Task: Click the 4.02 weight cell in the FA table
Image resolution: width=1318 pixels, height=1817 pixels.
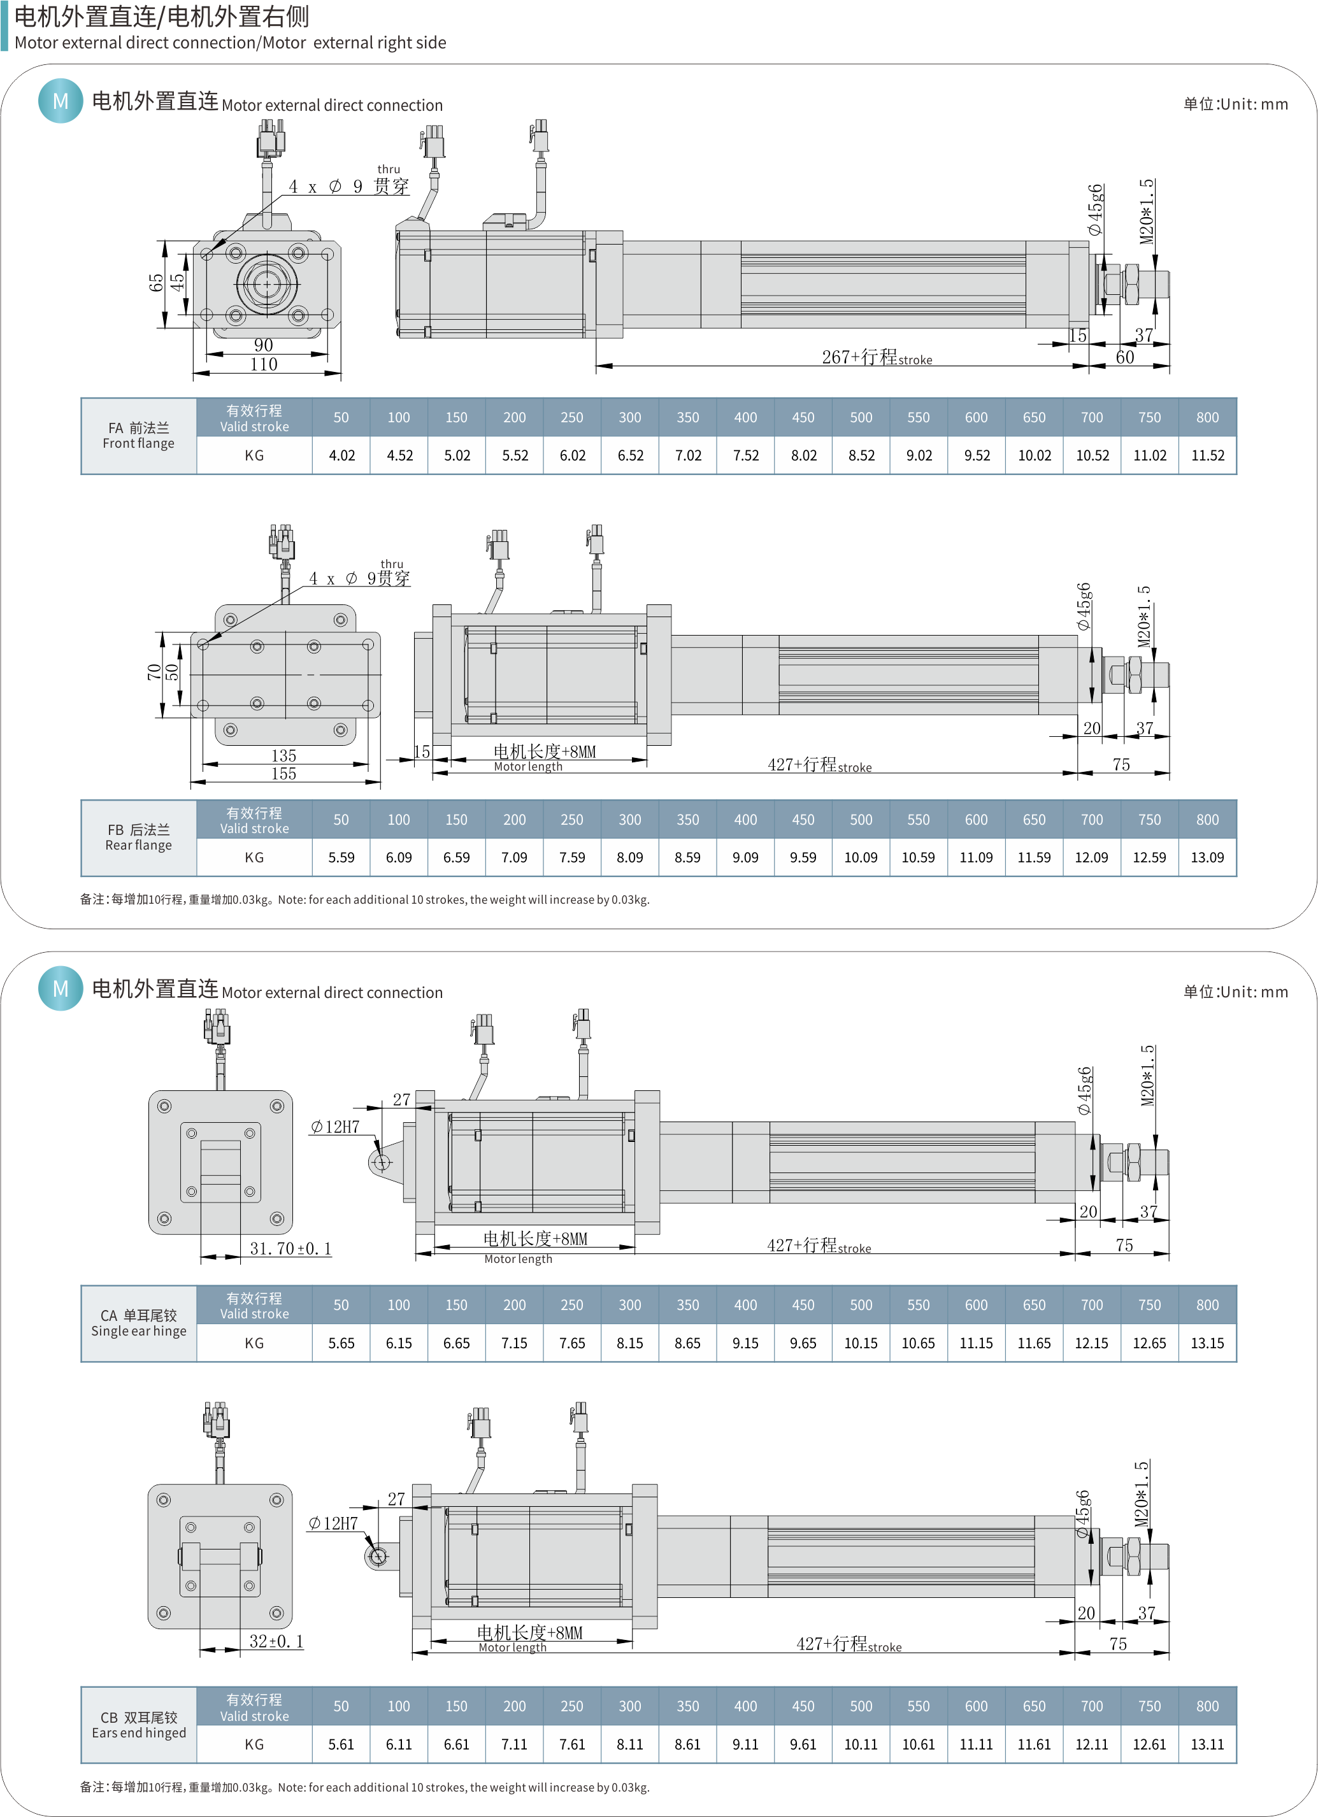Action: pyautogui.click(x=341, y=455)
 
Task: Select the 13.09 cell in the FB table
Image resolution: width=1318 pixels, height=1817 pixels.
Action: pyautogui.click(x=1207, y=857)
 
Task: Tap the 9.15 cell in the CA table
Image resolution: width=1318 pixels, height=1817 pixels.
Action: pyautogui.click(x=745, y=1343)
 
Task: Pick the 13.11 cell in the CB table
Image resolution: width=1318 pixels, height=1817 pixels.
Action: pyautogui.click(x=1207, y=1744)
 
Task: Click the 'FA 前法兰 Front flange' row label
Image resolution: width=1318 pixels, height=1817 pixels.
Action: pyautogui.click(x=139, y=436)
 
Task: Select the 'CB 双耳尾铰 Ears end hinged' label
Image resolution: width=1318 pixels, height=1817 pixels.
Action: pyautogui.click(x=139, y=1725)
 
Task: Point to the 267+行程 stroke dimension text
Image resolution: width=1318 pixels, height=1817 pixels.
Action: pyautogui.click(x=876, y=357)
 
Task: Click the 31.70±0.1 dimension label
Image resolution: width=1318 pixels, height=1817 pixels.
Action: pyautogui.click(x=290, y=1248)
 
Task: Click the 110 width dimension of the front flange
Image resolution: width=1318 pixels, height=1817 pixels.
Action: pyautogui.click(x=264, y=364)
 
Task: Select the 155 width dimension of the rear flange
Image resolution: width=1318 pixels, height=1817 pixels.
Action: pyautogui.click(x=283, y=774)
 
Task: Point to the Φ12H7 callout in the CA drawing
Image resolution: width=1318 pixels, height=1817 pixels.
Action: pyautogui.click(x=335, y=1127)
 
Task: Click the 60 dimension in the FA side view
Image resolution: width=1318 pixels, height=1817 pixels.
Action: pyautogui.click(x=1125, y=357)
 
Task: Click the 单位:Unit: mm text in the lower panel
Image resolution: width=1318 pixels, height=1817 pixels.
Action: pyautogui.click(x=1235, y=992)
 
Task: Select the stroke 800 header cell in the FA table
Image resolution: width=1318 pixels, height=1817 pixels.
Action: pyautogui.click(x=1207, y=417)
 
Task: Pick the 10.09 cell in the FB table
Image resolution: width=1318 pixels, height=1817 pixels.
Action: pyautogui.click(x=861, y=857)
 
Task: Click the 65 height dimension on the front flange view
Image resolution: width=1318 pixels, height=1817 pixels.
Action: pyautogui.click(x=155, y=283)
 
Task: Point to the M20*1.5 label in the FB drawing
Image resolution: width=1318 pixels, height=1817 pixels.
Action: pyautogui.click(x=1144, y=617)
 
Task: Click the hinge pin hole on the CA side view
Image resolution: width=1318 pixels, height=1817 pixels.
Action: pyautogui.click(x=382, y=1162)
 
